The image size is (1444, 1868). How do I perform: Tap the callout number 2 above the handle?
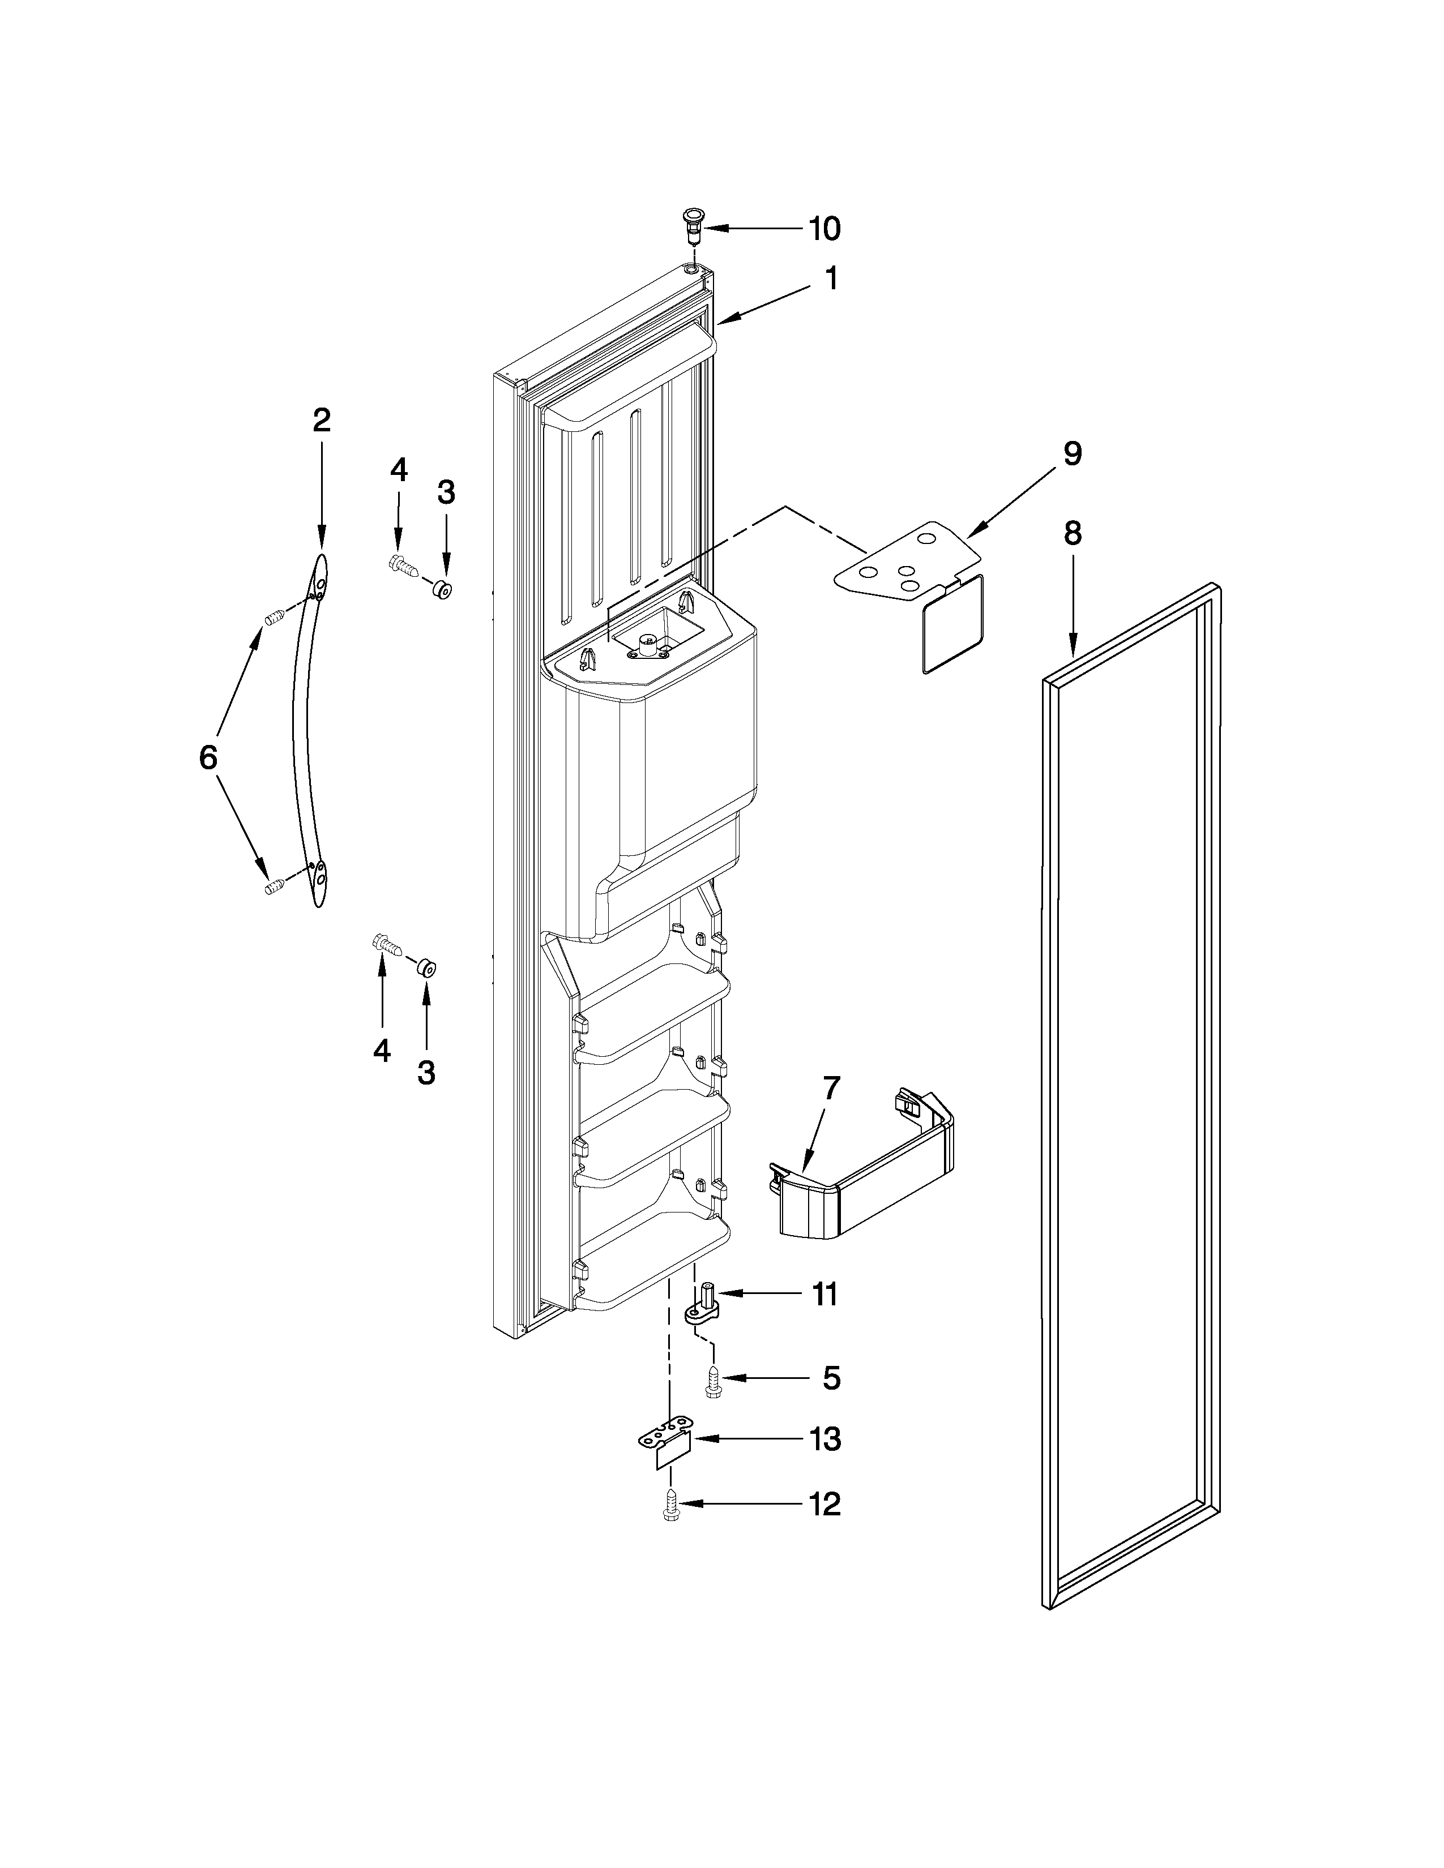coord(321,420)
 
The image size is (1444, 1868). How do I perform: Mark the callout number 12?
coord(824,1503)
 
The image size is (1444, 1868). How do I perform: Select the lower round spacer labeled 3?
coord(426,967)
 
